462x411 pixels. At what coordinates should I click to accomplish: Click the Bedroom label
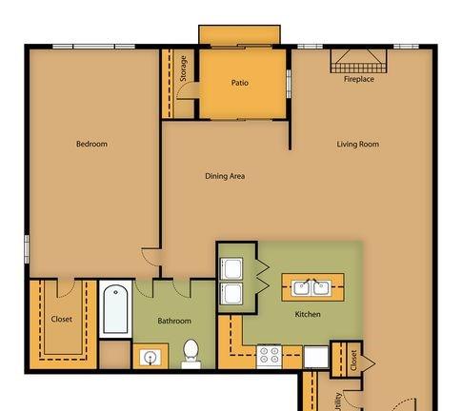tap(91, 144)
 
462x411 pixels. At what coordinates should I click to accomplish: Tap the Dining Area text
tap(225, 176)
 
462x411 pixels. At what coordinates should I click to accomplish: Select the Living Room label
tap(358, 145)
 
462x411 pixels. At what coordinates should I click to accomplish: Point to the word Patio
tap(240, 83)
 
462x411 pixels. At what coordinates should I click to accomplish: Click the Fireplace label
tap(359, 79)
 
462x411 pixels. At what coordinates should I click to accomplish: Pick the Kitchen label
tap(308, 314)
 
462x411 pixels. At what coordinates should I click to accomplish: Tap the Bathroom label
tap(174, 321)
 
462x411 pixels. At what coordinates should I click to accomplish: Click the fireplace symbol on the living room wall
tap(359, 61)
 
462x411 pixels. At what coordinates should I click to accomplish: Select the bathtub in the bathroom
tap(115, 309)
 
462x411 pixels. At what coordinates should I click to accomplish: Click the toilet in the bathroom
tap(191, 354)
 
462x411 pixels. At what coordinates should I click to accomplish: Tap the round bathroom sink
tap(150, 358)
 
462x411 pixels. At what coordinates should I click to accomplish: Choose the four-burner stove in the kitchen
tap(270, 356)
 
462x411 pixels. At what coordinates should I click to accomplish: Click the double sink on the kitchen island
tap(311, 287)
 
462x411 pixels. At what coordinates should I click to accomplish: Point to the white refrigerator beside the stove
tap(316, 357)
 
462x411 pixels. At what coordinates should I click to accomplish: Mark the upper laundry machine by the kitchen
tap(231, 268)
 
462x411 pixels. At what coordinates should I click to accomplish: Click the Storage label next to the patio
tap(183, 68)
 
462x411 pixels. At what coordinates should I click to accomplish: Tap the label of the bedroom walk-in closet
tap(62, 320)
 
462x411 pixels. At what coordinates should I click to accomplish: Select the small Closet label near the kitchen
tap(354, 361)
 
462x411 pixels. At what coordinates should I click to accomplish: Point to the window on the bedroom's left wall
tap(27, 249)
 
